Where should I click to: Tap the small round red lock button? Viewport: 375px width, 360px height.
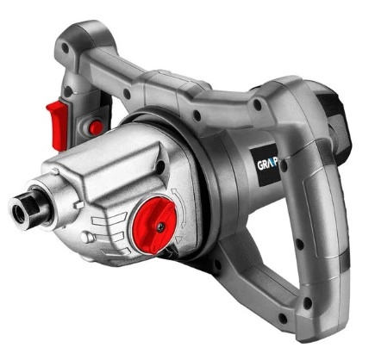click(x=96, y=127)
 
